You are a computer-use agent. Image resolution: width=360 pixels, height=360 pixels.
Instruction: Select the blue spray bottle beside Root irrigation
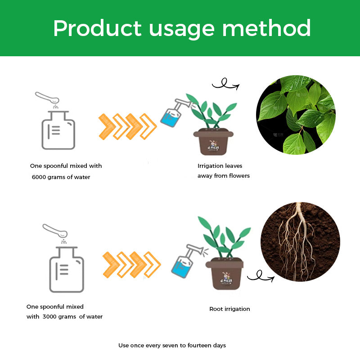click(x=183, y=261)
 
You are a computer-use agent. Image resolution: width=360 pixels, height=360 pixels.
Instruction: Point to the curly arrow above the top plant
click(x=225, y=85)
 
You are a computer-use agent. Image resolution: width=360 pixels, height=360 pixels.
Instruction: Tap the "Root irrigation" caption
click(x=229, y=309)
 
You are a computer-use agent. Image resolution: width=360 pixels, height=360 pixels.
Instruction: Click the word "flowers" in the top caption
click(x=239, y=176)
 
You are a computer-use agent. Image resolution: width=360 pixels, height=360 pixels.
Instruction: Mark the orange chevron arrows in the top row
click(x=127, y=126)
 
